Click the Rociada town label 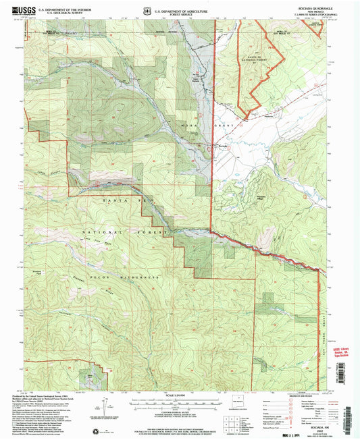click(222, 144)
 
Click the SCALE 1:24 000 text click(179, 395)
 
